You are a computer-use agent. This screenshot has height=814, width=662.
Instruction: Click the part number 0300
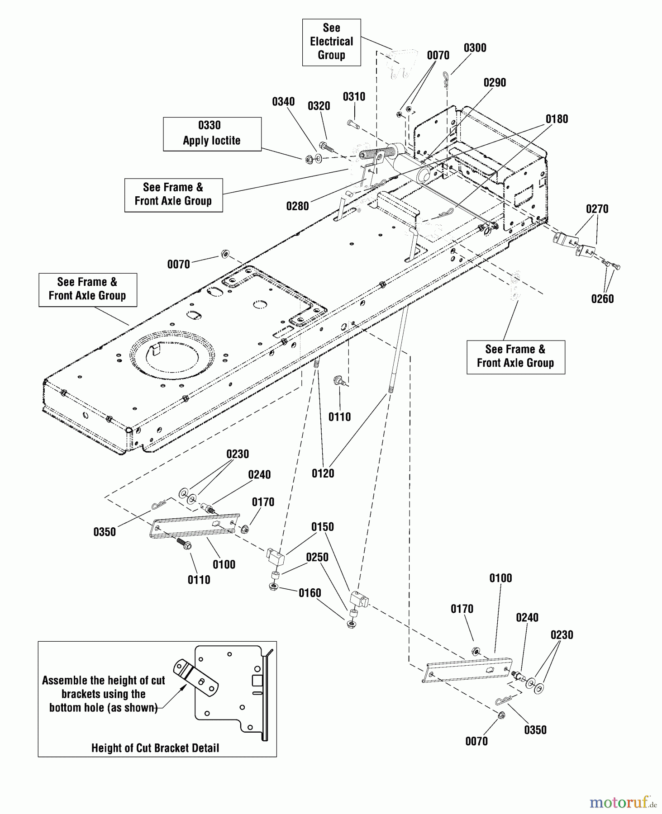click(x=475, y=48)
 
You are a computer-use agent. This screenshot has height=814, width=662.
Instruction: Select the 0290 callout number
click(x=495, y=83)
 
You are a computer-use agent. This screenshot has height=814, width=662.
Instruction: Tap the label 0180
click(x=557, y=119)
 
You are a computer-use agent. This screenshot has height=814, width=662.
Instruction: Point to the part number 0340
click(x=283, y=102)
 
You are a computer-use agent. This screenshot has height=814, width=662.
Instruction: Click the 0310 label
click(x=354, y=97)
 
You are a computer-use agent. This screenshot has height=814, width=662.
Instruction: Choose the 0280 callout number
click(x=297, y=206)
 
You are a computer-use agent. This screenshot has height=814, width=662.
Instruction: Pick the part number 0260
click(x=602, y=299)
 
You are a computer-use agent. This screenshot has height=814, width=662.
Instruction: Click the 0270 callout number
click(x=597, y=209)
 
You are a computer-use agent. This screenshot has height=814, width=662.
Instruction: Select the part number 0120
click(x=323, y=473)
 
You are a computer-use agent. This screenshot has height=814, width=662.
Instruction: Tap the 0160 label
click(x=310, y=593)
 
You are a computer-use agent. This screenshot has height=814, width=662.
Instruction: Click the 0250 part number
click(x=317, y=557)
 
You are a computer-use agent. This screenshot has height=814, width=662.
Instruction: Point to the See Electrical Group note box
click(x=331, y=42)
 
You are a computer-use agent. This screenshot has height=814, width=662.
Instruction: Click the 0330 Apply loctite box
click(x=212, y=134)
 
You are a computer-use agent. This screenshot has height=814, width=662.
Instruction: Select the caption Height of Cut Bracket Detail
click(x=155, y=748)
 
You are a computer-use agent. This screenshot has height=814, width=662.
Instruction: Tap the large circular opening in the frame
click(x=172, y=357)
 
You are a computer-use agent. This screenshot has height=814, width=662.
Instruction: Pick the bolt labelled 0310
click(x=353, y=124)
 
